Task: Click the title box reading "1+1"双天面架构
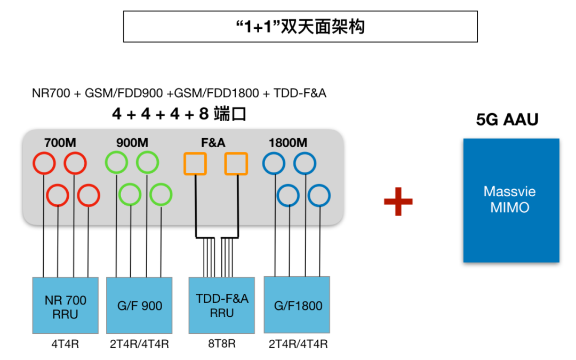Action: click(x=300, y=27)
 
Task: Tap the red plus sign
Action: click(x=398, y=201)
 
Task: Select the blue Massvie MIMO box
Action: click(x=511, y=200)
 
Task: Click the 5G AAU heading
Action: click(x=507, y=119)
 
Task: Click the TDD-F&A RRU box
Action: click(x=222, y=306)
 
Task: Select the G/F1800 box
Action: click(x=297, y=306)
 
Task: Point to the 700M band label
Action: click(x=61, y=143)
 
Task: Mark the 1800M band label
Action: click(x=287, y=143)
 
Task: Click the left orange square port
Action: click(x=195, y=164)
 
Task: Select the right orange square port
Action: click(x=236, y=164)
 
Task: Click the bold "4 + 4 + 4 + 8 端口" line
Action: click(x=179, y=114)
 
